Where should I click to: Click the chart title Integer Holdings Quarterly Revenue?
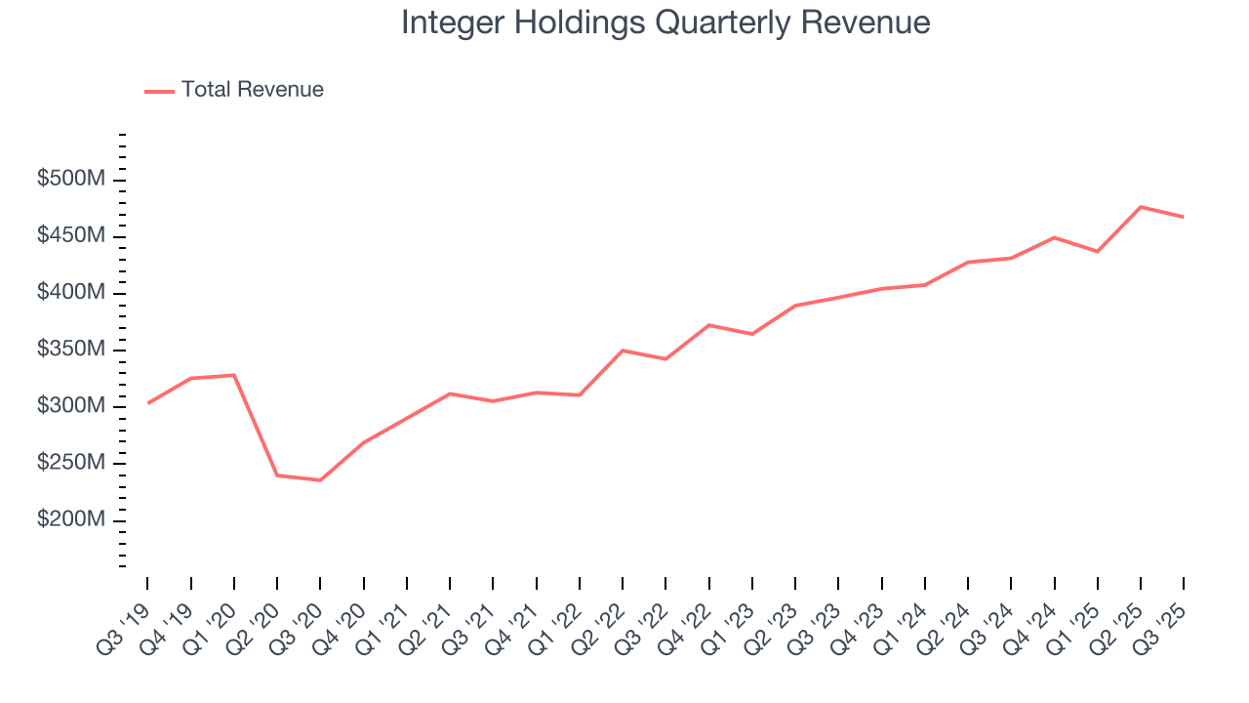[x=665, y=23]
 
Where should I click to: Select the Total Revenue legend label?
[x=252, y=90]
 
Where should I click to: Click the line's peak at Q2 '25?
[x=1141, y=207]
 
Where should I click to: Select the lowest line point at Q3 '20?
[x=320, y=480]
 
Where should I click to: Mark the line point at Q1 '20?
[x=234, y=375]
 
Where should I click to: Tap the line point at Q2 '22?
[x=623, y=351]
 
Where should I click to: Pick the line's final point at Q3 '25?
[x=1184, y=217]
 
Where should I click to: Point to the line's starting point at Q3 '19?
[x=147, y=403]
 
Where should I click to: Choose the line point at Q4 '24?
[x=1055, y=237]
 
